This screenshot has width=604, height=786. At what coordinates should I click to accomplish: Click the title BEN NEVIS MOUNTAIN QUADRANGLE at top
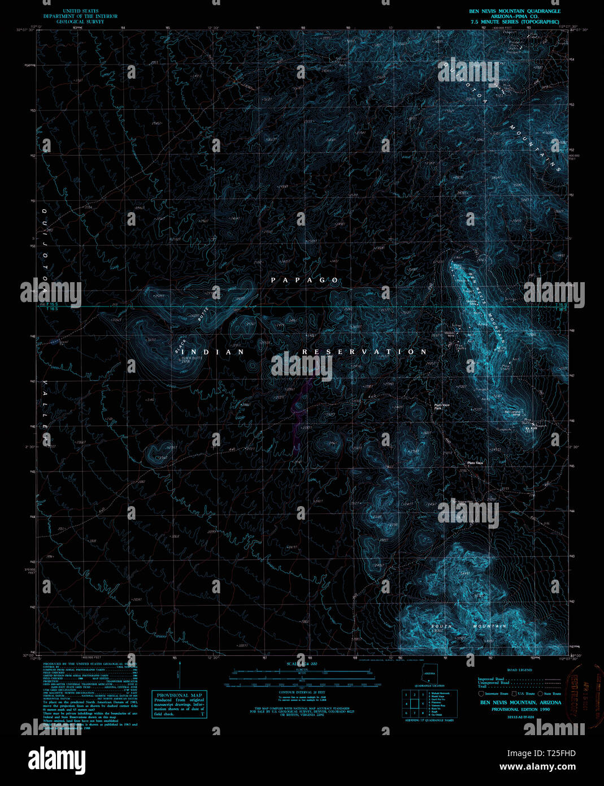(514, 11)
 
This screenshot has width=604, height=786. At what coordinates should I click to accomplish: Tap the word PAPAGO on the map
(305, 280)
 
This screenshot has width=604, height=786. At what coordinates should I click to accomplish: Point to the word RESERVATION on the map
(364, 352)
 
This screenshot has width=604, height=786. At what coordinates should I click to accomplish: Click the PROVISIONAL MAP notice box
(180, 704)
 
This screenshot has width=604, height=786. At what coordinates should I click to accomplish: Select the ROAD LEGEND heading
(520, 670)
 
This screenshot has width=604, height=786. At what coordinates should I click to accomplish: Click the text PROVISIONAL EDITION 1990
(520, 709)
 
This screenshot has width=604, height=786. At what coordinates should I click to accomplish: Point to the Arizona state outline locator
(429, 673)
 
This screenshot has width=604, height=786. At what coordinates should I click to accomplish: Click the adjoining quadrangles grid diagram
(415, 703)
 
